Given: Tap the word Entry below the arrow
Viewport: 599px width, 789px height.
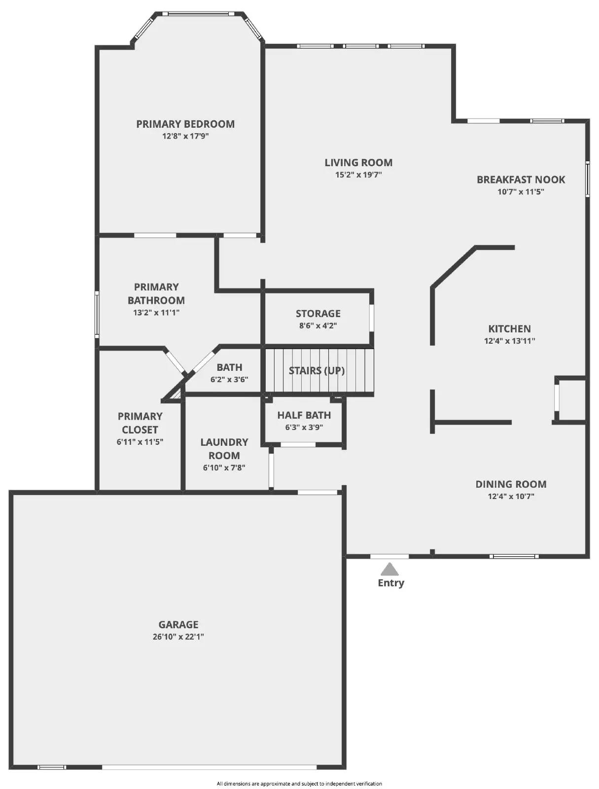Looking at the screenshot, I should [391, 583].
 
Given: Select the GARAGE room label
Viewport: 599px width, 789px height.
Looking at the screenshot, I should [178, 624].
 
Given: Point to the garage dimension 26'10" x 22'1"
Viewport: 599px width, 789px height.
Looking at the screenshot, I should [178, 637].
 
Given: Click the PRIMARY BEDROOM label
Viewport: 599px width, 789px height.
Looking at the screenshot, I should [185, 124].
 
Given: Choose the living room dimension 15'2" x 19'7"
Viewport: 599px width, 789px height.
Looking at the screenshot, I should [358, 175].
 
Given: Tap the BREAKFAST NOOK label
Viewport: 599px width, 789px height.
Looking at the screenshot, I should [521, 179].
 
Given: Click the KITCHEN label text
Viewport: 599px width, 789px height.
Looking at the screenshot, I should [509, 328].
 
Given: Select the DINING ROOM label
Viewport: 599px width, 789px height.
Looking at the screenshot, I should [511, 484].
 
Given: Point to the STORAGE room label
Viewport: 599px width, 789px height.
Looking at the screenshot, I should [318, 313].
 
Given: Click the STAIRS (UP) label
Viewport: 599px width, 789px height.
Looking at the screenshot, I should [317, 370].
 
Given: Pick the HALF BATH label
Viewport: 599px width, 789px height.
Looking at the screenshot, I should [304, 415].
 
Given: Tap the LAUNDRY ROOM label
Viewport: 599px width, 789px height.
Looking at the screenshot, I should [224, 449].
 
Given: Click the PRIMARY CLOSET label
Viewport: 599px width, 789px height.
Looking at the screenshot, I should [140, 423].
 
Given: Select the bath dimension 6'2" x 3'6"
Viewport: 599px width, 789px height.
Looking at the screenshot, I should [229, 380].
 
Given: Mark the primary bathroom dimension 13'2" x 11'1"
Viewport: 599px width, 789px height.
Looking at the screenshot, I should [156, 313].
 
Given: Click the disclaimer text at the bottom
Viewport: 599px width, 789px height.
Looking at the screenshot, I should [299, 784].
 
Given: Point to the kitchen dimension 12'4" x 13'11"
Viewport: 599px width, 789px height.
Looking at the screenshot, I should [509, 341].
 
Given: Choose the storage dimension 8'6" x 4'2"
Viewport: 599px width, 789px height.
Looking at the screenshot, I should [318, 325].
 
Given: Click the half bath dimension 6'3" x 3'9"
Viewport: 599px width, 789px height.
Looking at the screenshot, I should [304, 428].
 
